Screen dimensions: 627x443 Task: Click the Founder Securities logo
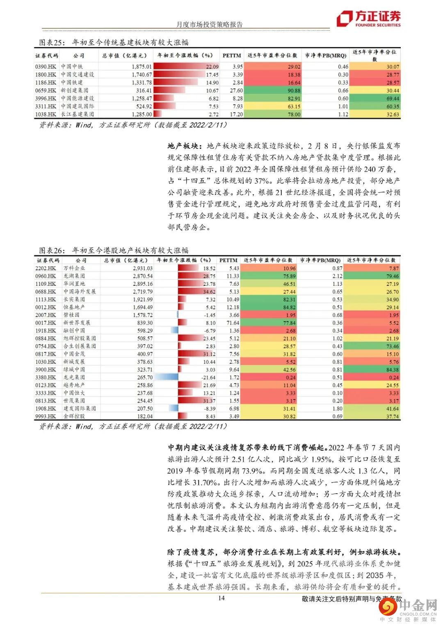tap(368, 18)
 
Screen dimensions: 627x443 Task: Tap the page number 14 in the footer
tap(221, 598)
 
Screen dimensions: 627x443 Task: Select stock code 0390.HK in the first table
tap(46, 67)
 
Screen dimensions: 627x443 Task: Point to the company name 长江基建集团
tap(78, 115)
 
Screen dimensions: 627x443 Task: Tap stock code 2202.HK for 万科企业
tap(46, 268)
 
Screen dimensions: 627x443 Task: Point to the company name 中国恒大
tap(74, 393)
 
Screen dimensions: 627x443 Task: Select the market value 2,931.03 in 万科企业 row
tap(142, 268)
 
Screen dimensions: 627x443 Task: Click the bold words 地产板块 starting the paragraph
tap(183, 146)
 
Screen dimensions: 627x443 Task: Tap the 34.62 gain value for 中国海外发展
tap(209, 292)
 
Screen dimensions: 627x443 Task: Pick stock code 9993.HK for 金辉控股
tap(46, 416)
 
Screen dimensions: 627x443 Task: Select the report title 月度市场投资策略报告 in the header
tap(209, 24)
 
